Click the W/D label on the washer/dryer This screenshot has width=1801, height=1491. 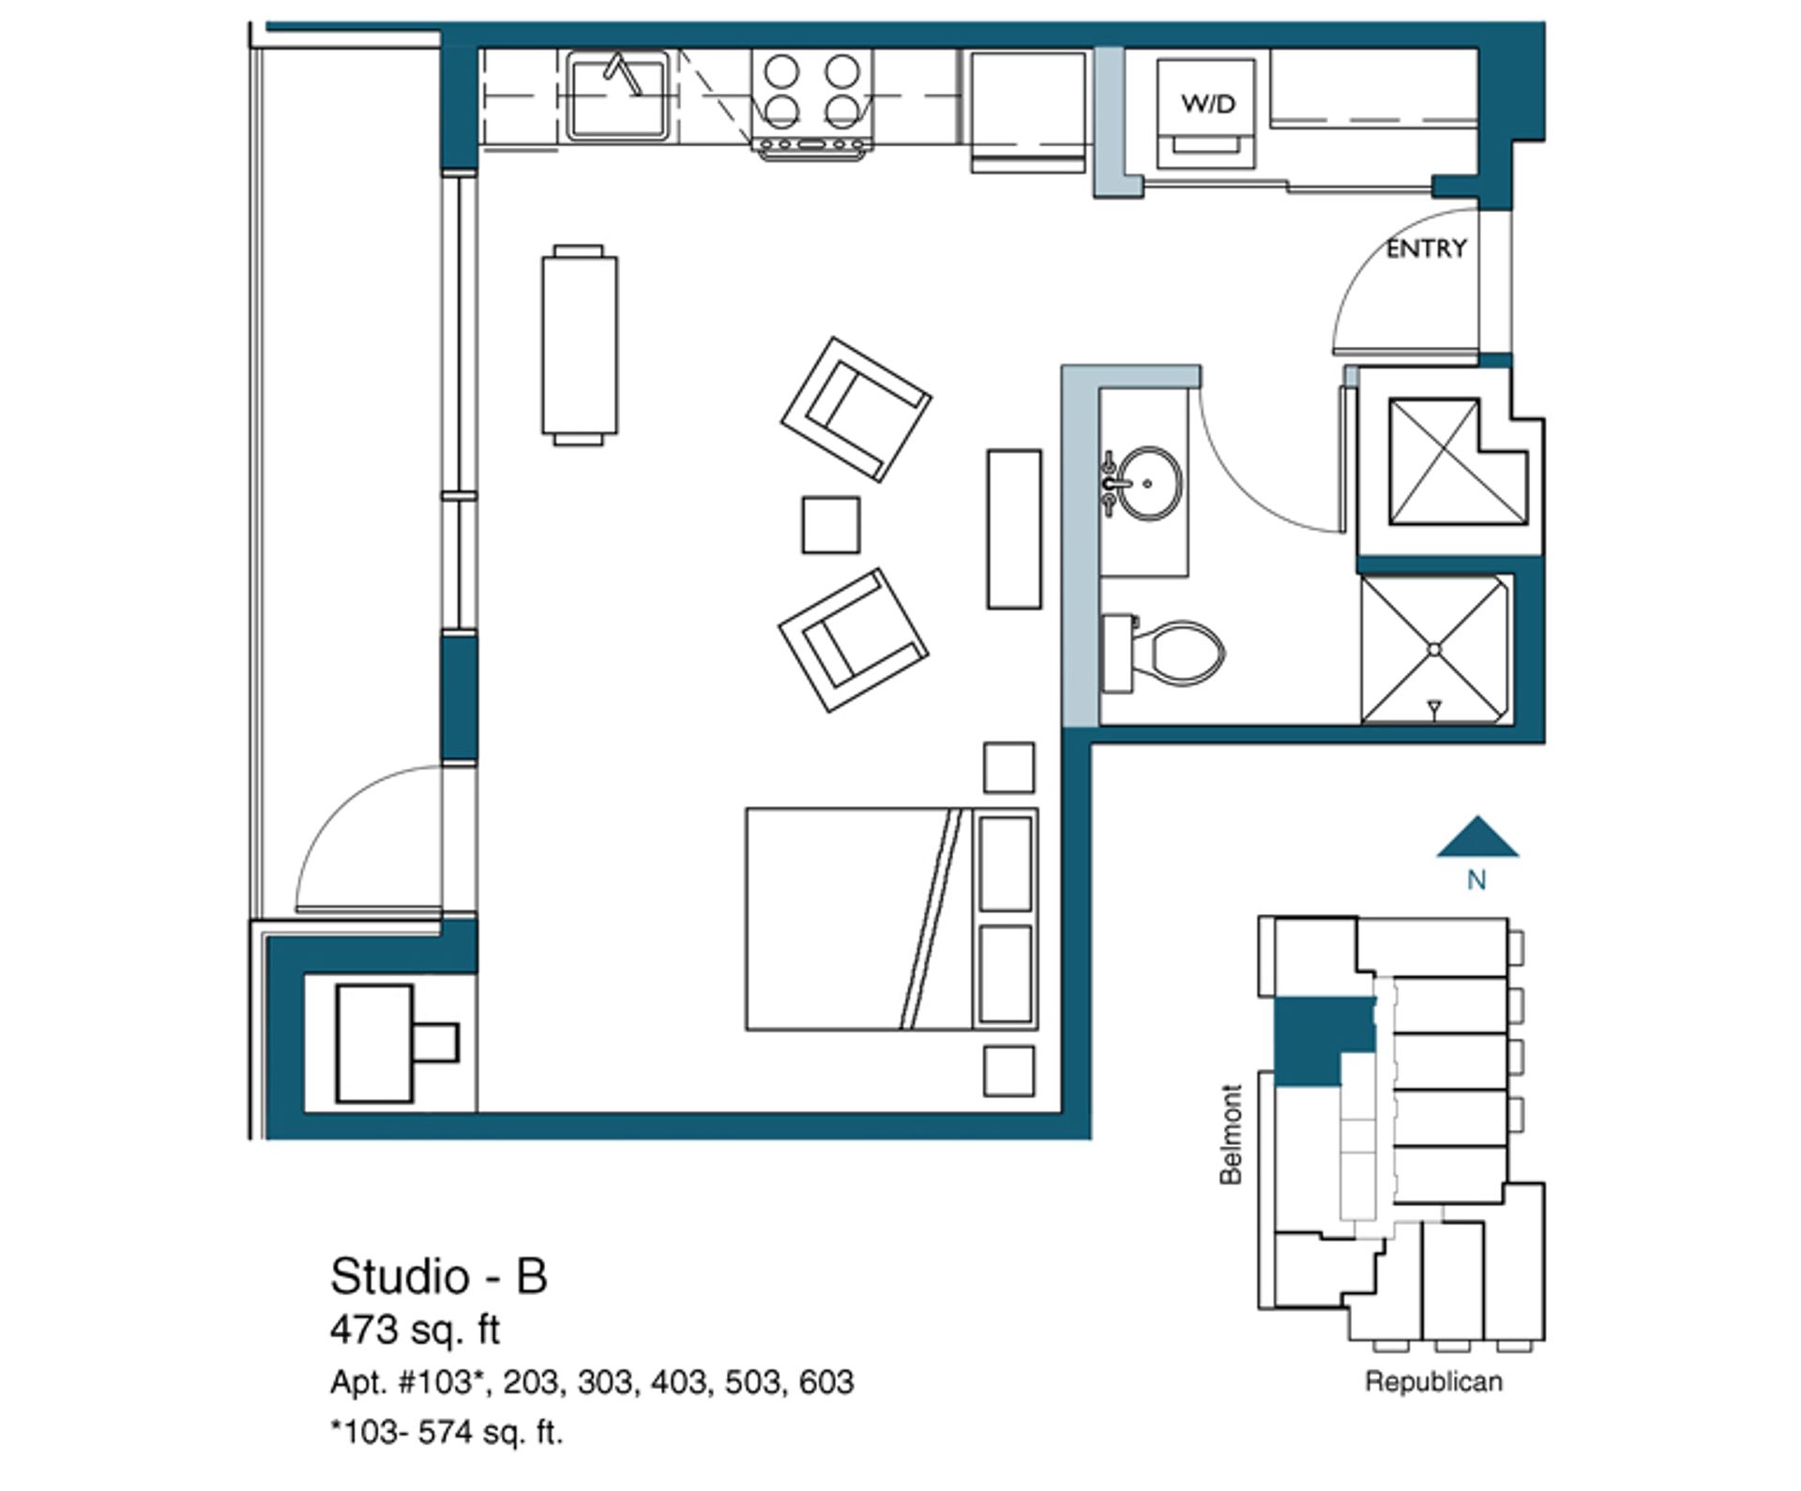click(1208, 103)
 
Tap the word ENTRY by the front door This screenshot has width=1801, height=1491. click(1426, 248)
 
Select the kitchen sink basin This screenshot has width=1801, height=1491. click(617, 96)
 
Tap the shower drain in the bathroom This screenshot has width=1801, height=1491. click(1433, 649)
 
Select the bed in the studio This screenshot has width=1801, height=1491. click(892, 919)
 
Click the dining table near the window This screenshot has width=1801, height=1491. click(579, 345)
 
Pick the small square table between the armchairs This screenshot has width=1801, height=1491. click(831, 525)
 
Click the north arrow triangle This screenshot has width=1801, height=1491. click(1477, 836)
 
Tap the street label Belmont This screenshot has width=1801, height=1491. click(1231, 1135)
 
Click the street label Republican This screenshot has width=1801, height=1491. click(1433, 1381)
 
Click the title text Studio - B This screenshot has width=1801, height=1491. click(438, 1276)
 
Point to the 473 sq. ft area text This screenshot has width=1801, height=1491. click(415, 1330)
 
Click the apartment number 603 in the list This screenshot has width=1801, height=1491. click(826, 1382)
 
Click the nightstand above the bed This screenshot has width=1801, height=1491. click(1009, 768)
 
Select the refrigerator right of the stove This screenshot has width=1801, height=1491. click(1028, 111)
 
